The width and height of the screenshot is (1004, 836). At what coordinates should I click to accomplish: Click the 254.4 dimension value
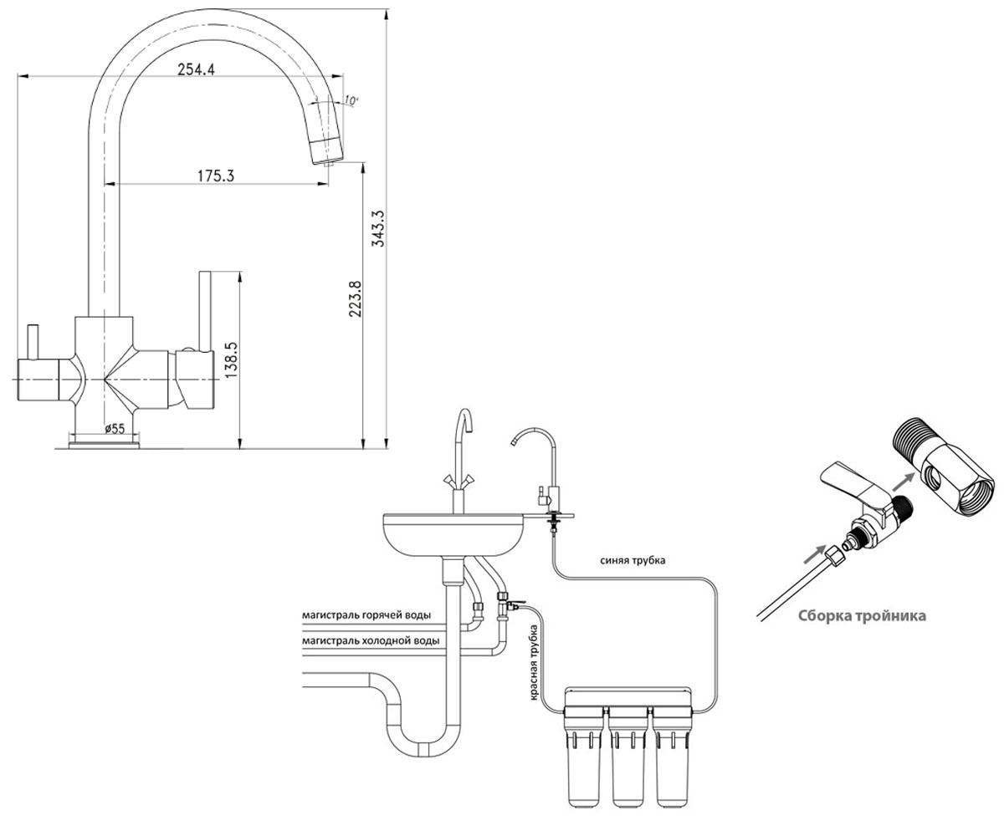[x=196, y=69]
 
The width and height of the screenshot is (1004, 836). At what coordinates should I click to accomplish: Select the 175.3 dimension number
[x=216, y=176]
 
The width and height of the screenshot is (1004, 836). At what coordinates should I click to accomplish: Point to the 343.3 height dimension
[x=379, y=228]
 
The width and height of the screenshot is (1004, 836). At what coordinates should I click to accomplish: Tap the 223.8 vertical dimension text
[x=355, y=298]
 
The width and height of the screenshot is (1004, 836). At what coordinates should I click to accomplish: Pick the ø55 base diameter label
[x=115, y=429]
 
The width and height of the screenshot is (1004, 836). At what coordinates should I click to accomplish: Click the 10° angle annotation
[x=351, y=100]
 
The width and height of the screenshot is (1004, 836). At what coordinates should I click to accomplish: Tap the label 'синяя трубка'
[x=633, y=560]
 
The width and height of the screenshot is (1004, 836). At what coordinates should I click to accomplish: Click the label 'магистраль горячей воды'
[x=366, y=615]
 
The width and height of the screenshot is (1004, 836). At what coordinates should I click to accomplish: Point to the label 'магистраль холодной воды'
[x=371, y=640]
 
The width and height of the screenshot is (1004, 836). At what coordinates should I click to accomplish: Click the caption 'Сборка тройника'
[x=862, y=616]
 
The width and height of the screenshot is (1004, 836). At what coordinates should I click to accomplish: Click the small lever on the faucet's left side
[x=33, y=342]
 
